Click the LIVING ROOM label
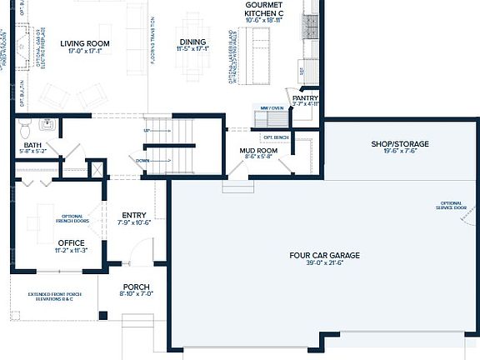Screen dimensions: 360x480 86,42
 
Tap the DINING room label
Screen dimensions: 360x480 192,42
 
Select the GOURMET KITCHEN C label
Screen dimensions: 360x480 263,9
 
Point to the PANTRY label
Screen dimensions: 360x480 306,97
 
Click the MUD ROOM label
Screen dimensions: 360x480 258,150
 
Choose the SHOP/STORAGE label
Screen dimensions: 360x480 399,144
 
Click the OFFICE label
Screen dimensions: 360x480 71,242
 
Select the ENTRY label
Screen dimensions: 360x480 133,215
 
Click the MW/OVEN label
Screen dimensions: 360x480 272,108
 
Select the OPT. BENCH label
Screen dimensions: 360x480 275,137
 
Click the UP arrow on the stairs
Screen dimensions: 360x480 147,131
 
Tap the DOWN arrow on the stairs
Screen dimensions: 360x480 142,160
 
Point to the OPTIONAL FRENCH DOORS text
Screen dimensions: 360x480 76,220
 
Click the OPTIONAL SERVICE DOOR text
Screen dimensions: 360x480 451,206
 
